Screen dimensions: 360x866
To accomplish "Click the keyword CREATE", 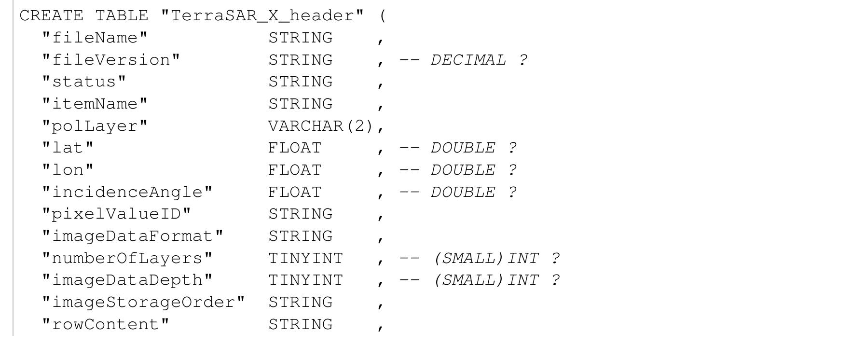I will click(x=51, y=15).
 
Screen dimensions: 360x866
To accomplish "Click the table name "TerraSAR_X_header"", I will click(x=262, y=15).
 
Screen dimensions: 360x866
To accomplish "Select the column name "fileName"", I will click(x=95, y=38).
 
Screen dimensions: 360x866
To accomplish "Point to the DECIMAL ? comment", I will click(x=479, y=60).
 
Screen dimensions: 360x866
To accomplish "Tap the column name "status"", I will click(x=84, y=82).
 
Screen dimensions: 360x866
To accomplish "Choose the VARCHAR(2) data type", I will click(x=321, y=126).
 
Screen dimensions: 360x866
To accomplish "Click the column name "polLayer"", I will click(x=95, y=126).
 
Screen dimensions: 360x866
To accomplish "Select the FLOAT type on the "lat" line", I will click(x=295, y=148).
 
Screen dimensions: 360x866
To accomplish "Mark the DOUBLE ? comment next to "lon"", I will click(x=473, y=170).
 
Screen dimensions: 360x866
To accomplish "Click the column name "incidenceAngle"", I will click(x=127, y=192).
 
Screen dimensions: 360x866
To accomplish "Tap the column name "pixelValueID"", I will click(x=116, y=214).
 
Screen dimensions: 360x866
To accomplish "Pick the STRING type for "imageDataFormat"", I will click(x=300, y=236).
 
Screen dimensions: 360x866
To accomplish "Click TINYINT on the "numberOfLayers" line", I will click(x=305, y=258).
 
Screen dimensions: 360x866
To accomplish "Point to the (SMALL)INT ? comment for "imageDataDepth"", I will click(x=496, y=280).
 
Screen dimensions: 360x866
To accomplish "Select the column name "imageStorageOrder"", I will click(x=143, y=302).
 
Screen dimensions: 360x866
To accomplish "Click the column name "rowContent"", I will click(x=105, y=324).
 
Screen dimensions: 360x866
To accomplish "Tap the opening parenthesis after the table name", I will click(x=383, y=15).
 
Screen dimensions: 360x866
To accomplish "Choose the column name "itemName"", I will click(x=95, y=104).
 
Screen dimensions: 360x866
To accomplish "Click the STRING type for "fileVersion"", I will click(x=300, y=60).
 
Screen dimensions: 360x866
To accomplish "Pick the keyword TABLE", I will click(x=122, y=15).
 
